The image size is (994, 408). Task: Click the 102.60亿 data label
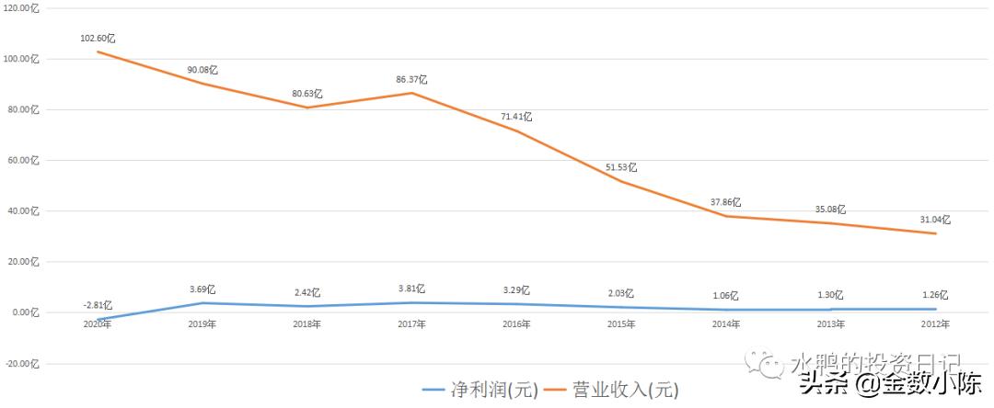(98, 39)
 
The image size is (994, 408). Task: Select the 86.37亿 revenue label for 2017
(411, 80)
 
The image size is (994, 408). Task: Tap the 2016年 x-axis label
(516, 323)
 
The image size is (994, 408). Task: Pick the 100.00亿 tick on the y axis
(23, 59)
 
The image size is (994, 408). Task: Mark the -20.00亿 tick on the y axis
(23, 363)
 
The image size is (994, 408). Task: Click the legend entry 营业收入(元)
(607, 390)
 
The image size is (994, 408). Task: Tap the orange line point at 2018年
(307, 108)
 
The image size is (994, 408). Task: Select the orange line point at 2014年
(725, 216)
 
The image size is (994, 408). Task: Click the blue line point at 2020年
(98, 319)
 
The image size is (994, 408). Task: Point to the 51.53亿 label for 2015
(621, 167)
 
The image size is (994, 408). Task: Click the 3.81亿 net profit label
(411, 289)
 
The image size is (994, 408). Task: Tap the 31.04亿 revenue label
(934, 220)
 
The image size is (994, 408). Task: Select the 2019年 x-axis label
(202, 323)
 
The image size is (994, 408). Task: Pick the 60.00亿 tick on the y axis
(23, 160)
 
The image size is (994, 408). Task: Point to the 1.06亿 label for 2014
(725, 296)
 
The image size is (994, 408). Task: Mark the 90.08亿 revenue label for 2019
(202, 70)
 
